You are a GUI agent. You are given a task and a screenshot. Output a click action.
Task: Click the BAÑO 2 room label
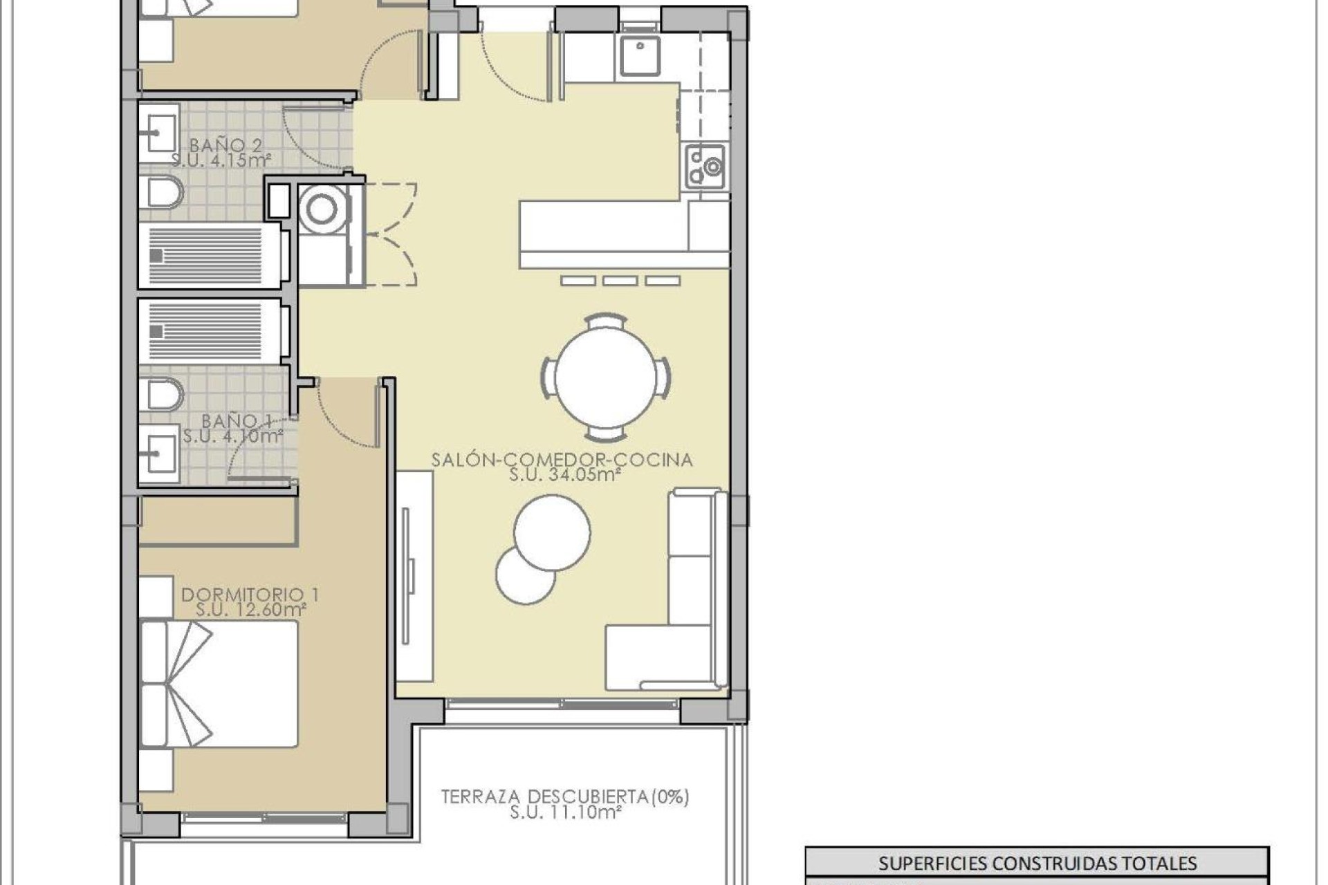pyautogui.click(x=225, y=145)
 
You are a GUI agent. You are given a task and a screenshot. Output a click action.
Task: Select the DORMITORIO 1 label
pyautogui.click(x=250, y=595)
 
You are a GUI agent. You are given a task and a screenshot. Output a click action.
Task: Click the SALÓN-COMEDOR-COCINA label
pyautogui.click(x=562, y=460)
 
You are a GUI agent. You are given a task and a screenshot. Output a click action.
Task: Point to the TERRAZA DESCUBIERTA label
pyautogui.click(x=565, y=796)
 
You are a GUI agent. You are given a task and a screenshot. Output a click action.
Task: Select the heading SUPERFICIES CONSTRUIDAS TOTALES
pyautogui.click(x=1037, y=863)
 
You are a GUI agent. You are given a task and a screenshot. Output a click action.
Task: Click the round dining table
pyautogui.click(x=605, y=378)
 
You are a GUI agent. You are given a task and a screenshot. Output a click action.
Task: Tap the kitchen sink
pyautogui.click(x=639, y=56)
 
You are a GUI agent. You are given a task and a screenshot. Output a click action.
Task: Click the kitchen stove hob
pyautogui.click(x=705, y=167)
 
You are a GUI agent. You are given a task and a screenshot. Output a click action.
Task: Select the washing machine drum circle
pyautogui.click(x=321, y=209)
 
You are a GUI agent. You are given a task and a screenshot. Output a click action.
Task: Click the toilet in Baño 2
pyautogui.click(x=161, y=192)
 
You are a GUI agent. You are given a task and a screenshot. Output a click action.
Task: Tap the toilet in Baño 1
pyautogui.click(x=161, y=395)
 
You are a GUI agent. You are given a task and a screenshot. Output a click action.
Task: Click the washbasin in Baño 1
pyautogui.click(x=159, y=454)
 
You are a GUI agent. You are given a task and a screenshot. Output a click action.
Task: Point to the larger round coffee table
pyautogui.click(x=552, y=532)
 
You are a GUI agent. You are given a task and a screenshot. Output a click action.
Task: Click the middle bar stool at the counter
pyautogui.click(x=620, y=281)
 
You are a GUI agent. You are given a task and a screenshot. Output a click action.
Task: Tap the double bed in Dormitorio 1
pyautogui.click(x=219, y=684)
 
